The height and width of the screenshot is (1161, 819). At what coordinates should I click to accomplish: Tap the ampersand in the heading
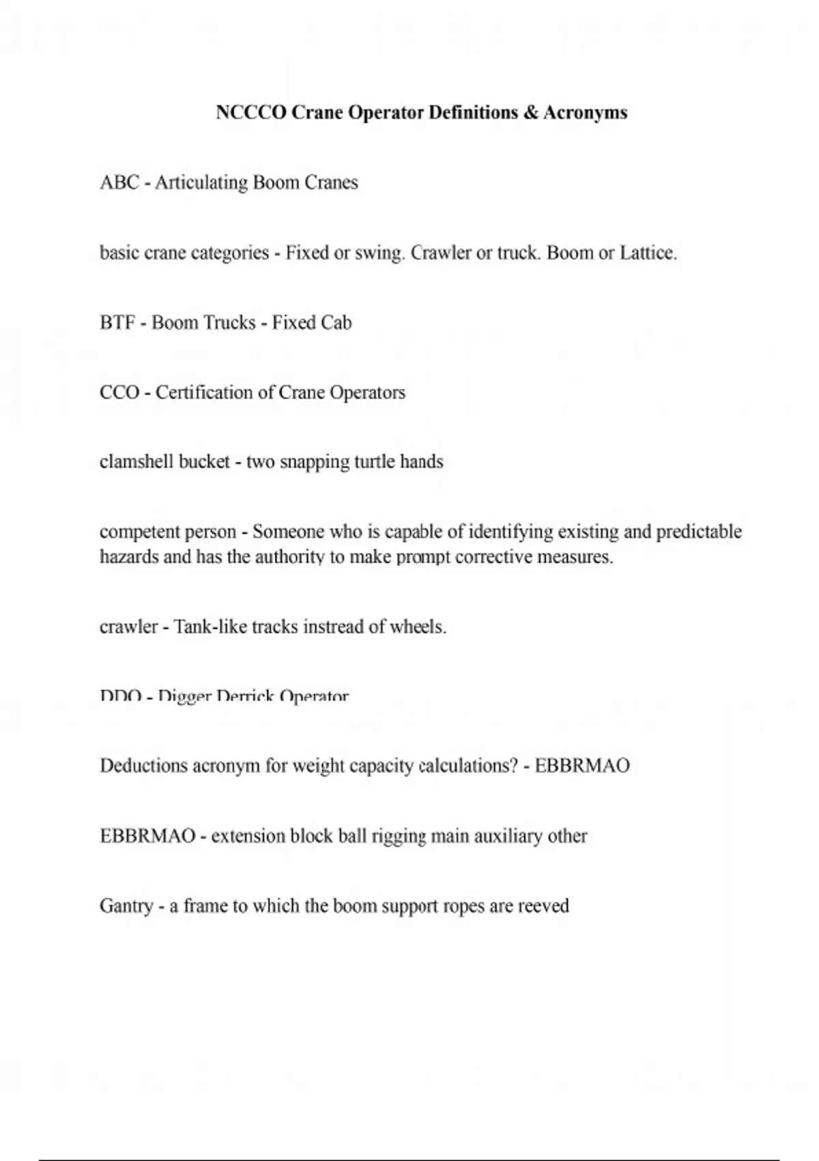point(531,113)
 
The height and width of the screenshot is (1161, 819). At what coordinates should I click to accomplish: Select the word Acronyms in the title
point(586,113)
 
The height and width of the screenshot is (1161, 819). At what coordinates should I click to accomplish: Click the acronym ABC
point(119,183)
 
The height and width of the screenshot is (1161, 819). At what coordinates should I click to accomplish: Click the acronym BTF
point(117,323)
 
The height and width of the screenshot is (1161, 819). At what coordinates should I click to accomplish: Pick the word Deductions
point(143,766)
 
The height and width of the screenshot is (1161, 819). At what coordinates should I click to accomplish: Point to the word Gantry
point(126,907)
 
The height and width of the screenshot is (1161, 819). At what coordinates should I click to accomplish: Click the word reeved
point(543,907)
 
